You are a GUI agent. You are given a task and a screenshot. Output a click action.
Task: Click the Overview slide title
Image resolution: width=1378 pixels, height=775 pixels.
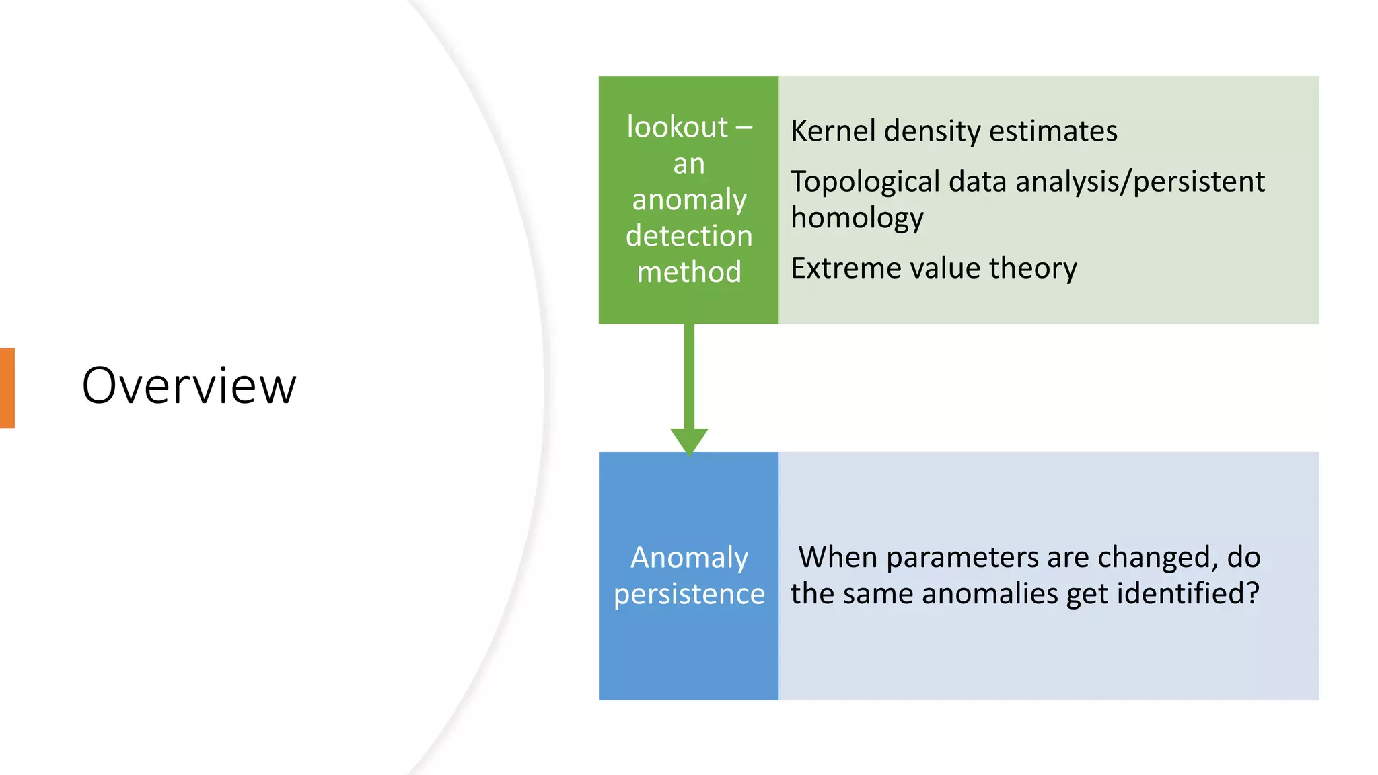coord(189,386)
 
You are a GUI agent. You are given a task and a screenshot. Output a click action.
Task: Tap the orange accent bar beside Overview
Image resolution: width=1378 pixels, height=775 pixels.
coord(7,388)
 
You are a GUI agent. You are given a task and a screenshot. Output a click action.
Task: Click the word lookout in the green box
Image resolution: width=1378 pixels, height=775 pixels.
coord(677,127)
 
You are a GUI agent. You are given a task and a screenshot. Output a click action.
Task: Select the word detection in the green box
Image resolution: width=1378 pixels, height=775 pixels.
coord(689,236)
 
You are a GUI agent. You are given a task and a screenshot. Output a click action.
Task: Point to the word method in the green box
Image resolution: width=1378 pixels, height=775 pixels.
coord(689,272)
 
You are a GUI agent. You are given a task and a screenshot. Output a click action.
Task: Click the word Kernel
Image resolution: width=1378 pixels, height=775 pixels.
coord(832,131)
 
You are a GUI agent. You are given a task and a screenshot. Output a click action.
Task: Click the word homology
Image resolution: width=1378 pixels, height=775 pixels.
coord(857,219)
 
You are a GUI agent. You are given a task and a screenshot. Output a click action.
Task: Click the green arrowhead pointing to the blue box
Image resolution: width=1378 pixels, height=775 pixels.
coord(689,441)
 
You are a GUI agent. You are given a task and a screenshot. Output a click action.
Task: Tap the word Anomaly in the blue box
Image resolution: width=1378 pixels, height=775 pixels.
coord(689,558)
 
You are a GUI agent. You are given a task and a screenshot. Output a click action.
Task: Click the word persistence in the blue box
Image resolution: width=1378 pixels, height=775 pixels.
coord(689,594)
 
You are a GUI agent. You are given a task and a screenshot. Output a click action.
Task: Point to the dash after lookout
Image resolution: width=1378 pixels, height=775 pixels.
coord(744,127)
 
